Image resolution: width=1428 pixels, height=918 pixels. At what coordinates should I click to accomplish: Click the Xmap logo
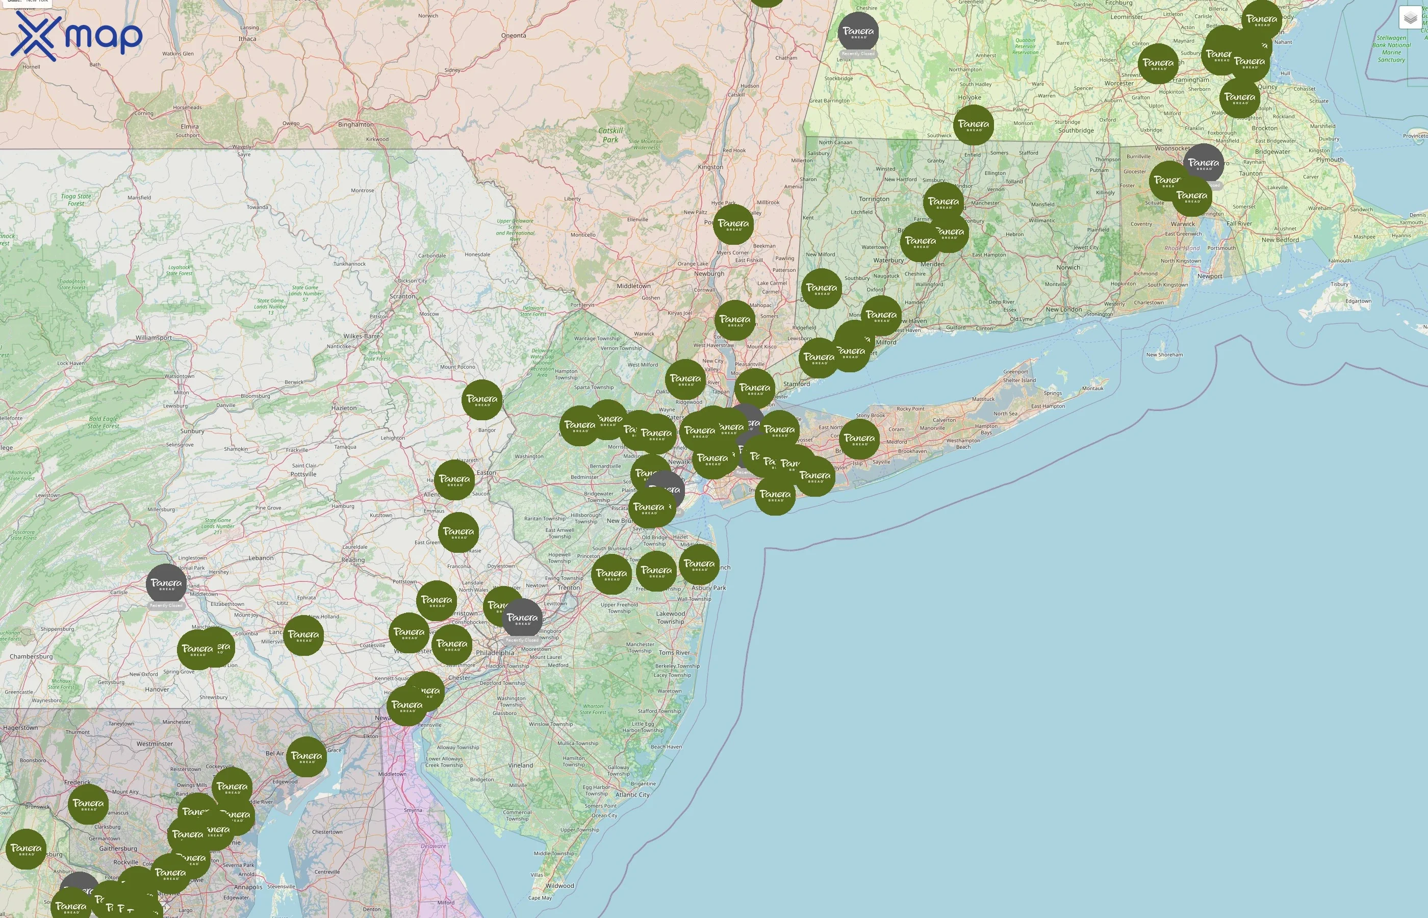(76, 36)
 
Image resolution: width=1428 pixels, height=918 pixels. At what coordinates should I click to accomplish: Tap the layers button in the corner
(1410, 18)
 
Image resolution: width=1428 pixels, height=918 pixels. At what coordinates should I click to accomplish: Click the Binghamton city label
(356, 124)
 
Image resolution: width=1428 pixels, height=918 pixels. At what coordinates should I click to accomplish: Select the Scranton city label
(402, 296)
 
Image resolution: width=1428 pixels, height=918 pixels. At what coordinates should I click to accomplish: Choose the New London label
(1063, 310)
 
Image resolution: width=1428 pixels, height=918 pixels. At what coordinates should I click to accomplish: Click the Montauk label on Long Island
(1092, 389)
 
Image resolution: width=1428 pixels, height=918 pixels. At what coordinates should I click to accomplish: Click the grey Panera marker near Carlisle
(166, 584)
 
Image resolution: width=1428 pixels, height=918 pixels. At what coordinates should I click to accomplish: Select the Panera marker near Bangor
(481, 400)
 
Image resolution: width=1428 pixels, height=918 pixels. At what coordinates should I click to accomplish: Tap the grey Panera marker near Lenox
(858, 32)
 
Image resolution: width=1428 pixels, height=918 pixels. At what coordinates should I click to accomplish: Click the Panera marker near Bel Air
(307, 756)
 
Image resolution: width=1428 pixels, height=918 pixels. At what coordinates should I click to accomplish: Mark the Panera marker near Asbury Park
(699, 565)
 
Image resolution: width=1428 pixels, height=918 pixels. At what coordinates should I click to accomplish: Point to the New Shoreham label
(1164, 354)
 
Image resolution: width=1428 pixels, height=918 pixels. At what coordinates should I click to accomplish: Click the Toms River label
(674, 653)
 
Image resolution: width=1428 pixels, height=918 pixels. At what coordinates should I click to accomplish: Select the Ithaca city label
(247, 39)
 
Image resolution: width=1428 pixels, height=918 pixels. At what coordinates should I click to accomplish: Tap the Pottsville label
(303, 474)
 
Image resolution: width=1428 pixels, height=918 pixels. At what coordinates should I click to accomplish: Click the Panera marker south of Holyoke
(973, 125)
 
